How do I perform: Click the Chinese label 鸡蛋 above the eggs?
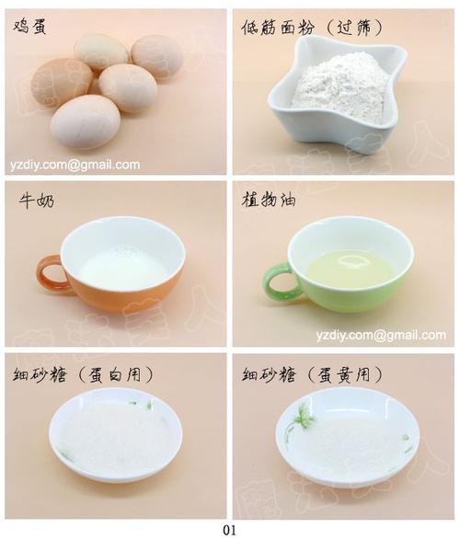tap(29, 27)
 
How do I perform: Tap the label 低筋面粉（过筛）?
tap(312, 28)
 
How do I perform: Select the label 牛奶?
tap(37, 201)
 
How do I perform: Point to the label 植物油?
tap(269, 200)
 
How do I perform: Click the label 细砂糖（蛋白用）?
tap(83, 374)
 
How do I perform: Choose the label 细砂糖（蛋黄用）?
tap(312, 374)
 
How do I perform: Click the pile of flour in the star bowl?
tap(339, 86)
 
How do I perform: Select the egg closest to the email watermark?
tap(86, 121)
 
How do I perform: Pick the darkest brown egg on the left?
tap(61, 83)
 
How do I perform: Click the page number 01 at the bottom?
tap(229, 530)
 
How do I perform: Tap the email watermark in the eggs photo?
tap(75, 165)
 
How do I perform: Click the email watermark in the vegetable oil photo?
tap(381, 335)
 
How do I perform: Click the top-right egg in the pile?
tap(156, 56)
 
